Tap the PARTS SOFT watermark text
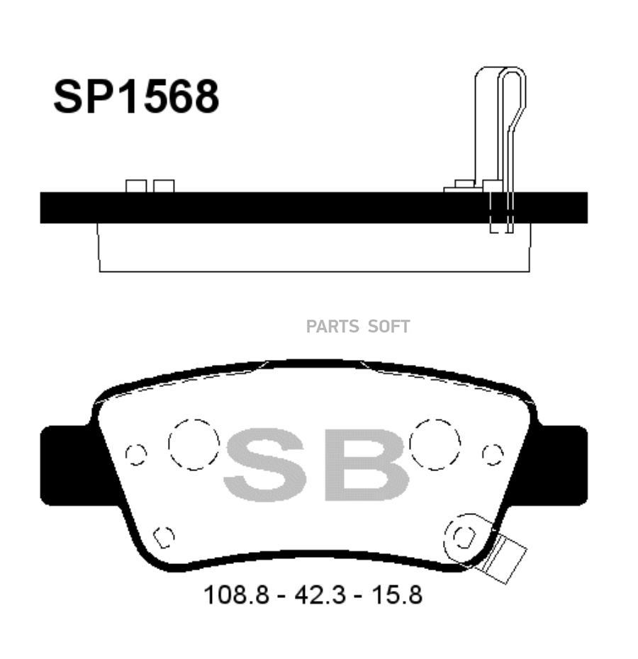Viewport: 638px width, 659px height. [358, 327]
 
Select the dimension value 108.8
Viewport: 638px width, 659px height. [236, 595]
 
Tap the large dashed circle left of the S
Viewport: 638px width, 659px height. [194, 444]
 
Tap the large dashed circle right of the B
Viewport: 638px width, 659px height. [435, 444]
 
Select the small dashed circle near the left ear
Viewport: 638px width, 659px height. [135, 454]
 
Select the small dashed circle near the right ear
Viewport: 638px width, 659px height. [493, 454]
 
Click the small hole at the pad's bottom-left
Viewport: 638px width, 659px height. [164, 536]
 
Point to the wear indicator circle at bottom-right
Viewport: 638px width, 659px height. [464, 538]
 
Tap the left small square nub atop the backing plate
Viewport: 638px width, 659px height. [136, 186]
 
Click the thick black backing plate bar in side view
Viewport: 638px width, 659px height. [284, 208]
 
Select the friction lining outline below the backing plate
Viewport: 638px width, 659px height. [312, 248]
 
